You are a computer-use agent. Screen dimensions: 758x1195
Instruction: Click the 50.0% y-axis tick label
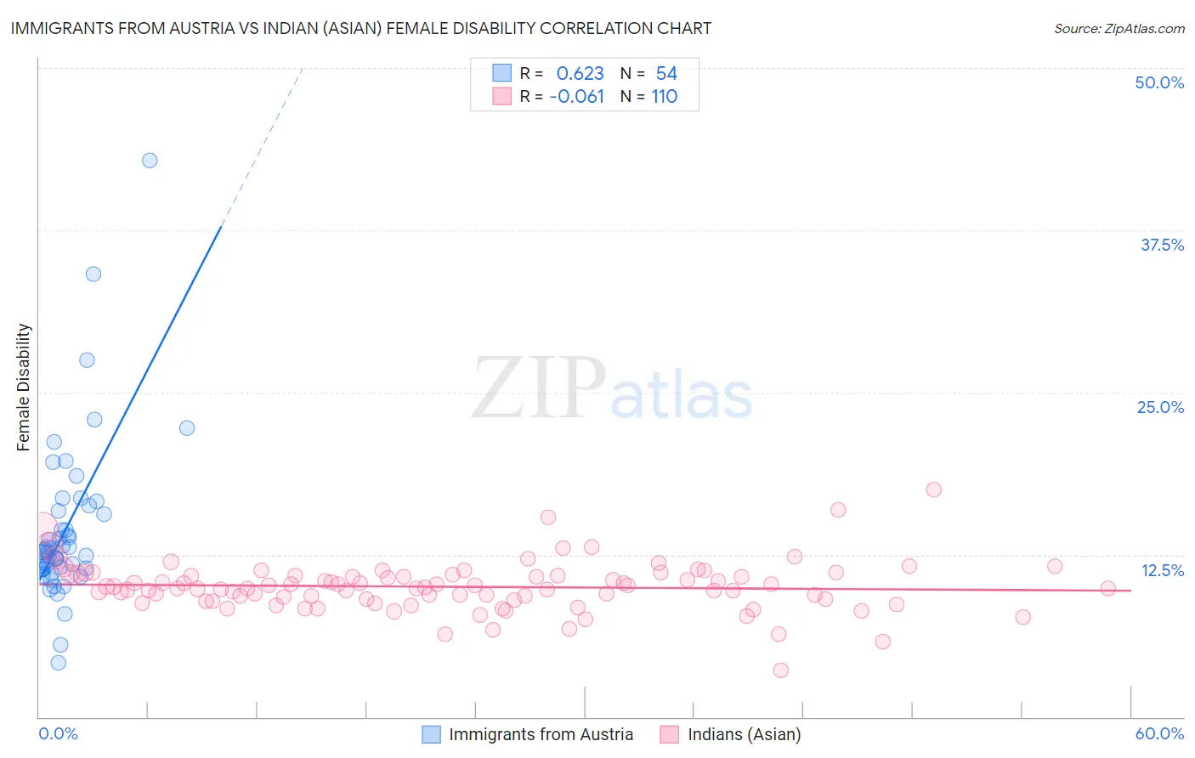[x=1159, y=82]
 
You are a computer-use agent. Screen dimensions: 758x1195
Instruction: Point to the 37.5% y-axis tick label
[x=1162, y=245]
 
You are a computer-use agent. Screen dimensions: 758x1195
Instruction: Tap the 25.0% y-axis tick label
[x=1160, y=407]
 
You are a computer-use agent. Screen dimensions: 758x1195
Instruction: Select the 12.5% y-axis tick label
[x=1162, y=570]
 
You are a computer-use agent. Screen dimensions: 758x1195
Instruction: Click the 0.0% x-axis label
[x=58, y=733]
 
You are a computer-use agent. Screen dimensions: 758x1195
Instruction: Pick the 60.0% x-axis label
[x=1159, y=733]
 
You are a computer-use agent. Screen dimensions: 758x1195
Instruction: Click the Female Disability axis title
[x=24, y=387]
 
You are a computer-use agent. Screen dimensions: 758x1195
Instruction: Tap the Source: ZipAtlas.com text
[x=1119, y=29]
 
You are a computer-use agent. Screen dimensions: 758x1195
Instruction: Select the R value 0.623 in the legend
[x=580, y=74]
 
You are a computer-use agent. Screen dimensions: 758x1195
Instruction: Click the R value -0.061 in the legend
[x=576, y=97]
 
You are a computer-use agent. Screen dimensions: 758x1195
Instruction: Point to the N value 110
[x=664, y=97]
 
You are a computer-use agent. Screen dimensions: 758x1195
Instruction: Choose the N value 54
[x=666, y=74]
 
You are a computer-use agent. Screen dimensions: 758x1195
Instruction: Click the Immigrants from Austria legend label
[x=541, y=734]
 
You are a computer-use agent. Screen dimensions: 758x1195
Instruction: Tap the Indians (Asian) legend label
[x=744, y=734]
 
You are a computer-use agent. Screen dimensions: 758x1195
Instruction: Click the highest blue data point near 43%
[x=150, y=161]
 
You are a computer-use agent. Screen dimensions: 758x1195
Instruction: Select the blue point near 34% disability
[x=93, y=274]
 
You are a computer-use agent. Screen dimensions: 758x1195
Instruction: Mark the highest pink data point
[x=933, y=489]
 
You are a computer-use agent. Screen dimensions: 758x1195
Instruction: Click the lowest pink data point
[x=780, y=670]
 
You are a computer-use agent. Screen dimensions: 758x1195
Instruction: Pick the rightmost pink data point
[x=1107, y=588]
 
